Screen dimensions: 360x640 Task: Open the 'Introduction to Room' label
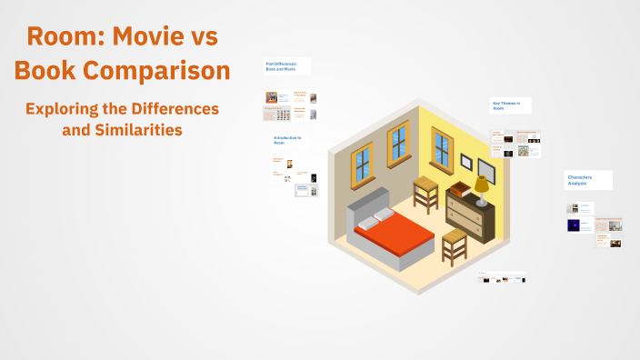point(288,140)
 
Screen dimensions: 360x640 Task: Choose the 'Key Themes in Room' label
point(507,105)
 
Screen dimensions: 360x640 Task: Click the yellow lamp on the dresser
point(481,187)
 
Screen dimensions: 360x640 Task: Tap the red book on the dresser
point(462,190)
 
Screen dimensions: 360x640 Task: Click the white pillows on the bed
point(376,218)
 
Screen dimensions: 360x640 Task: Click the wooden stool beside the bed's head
point(425,192)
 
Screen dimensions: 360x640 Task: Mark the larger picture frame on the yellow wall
point(486,170)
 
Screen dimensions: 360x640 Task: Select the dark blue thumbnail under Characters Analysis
point(574,225)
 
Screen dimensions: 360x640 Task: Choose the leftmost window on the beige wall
point(362,162)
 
